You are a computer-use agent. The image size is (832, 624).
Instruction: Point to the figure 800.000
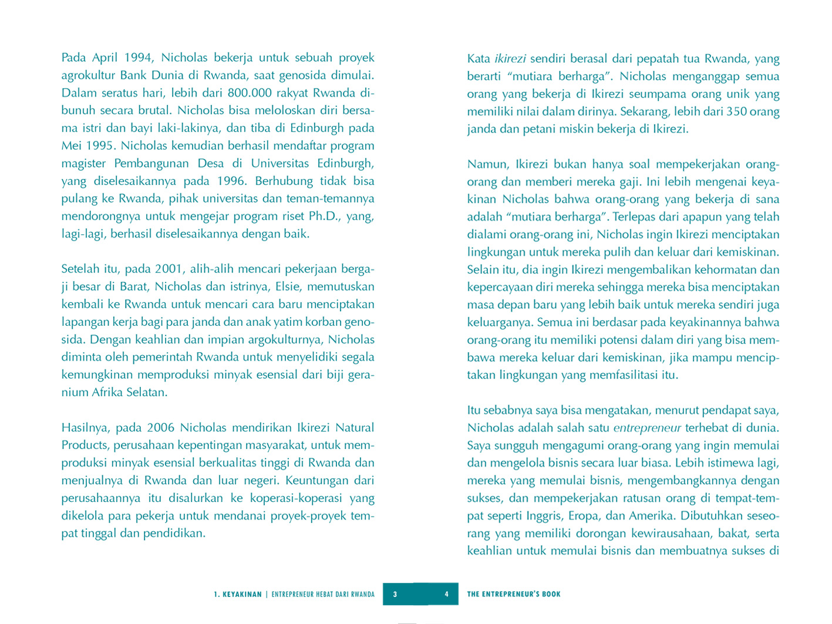[x=254, y=93]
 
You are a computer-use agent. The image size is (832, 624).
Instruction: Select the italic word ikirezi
[x=510, y=59]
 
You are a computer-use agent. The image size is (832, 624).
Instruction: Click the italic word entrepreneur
[x=647, y=428]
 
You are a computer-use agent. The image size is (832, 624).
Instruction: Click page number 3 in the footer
[x=395, y=594]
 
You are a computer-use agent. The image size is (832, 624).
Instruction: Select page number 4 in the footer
[x=446, y=594]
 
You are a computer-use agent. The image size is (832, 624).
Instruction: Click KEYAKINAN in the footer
[x=242, y=594]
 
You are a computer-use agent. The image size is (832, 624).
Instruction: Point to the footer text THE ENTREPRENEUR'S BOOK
[x=514, y=594]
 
